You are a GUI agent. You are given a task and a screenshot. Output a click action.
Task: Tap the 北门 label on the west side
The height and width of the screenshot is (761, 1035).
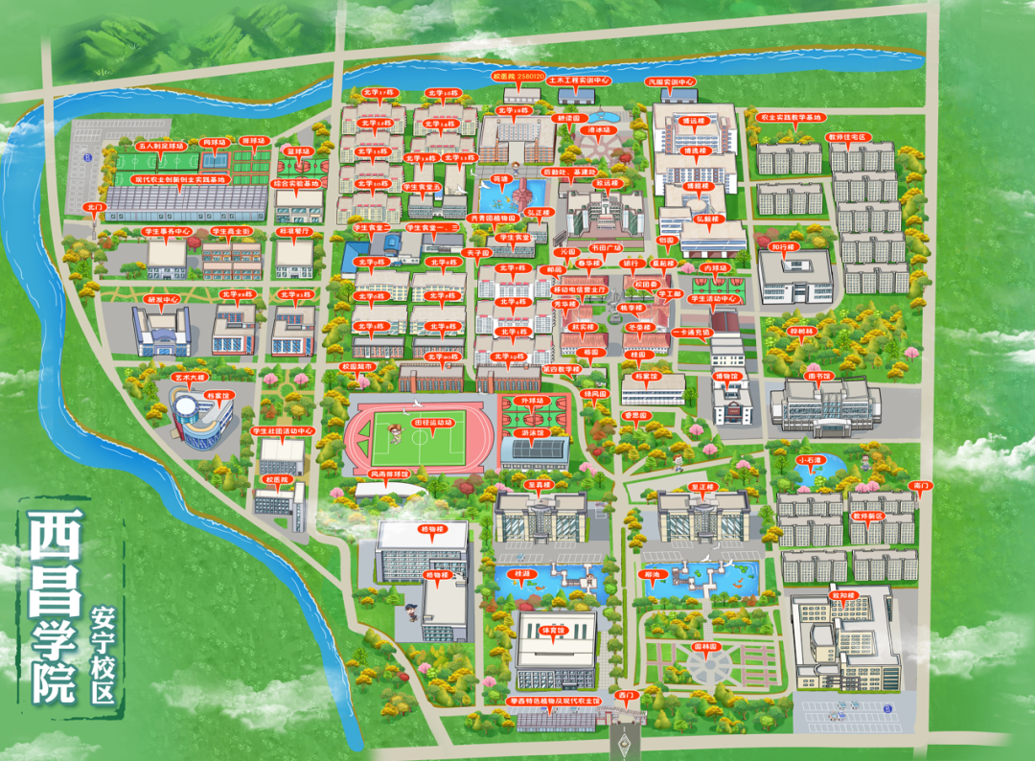(94, 206)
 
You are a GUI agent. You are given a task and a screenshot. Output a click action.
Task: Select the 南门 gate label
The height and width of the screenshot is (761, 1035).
(923, 486)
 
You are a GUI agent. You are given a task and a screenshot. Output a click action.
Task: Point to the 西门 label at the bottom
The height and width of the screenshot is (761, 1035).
(627, 693)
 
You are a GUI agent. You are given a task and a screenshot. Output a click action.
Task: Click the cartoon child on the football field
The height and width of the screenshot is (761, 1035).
(394, 436)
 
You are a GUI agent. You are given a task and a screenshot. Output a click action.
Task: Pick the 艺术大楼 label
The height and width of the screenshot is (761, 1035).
(189, 378)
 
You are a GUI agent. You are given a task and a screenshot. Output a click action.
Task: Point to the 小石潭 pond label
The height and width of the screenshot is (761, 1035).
(810, 459)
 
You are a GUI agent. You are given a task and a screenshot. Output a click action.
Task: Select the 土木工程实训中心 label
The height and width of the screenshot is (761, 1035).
(578, 81)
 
